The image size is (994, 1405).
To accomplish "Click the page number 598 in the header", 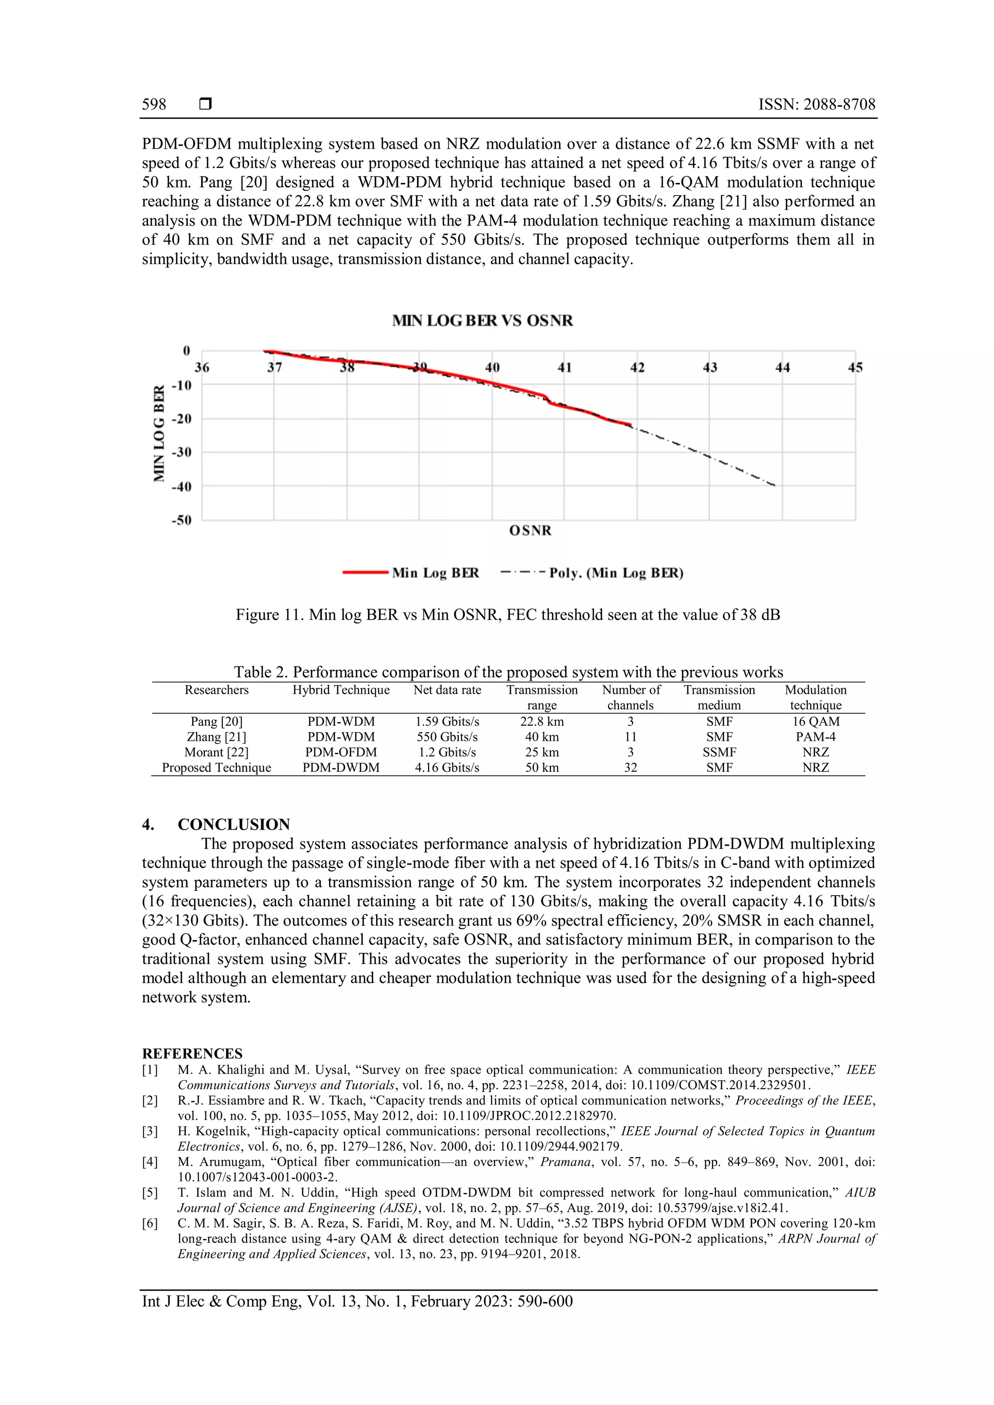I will (154, 105).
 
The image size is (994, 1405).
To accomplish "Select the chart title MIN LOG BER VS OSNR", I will (482, 321).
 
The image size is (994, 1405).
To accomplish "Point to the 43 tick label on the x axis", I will (710, 368).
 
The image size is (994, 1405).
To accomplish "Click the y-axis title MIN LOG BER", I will (160, 433).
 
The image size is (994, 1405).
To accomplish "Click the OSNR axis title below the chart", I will (530, 531).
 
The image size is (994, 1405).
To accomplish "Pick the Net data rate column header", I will (447, 690).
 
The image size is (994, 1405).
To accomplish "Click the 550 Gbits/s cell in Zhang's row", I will (447, 737).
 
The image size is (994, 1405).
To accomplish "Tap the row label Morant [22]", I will (216, 752).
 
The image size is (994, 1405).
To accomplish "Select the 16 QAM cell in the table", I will (815, 721).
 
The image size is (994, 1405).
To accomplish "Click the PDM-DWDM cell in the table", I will (341, 768).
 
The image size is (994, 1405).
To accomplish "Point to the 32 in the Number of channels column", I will (630, 768).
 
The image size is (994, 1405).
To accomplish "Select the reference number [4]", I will (150, 1161).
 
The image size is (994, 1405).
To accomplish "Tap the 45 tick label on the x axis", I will (855, 368).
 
